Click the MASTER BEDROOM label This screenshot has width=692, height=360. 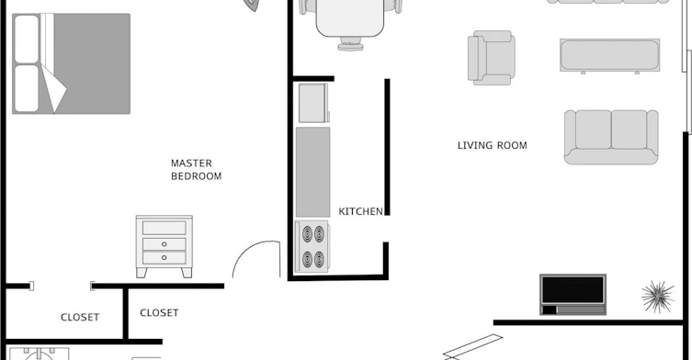coord(196,170)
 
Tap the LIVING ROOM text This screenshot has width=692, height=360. coord(492,146)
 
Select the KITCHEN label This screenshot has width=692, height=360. coord(360,211)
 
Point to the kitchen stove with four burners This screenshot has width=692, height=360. coord(312,247)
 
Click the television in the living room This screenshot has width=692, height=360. coord(573,294)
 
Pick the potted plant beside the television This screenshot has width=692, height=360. coord(658,296)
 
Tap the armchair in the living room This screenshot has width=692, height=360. coord(491,58)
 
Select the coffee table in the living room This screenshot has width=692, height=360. coord(610,55)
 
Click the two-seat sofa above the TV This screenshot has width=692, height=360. coord(611,137)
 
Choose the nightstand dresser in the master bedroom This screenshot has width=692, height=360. coord(164,246)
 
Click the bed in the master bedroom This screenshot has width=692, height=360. coord(71,63)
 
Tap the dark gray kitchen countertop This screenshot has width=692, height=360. coord(312,172)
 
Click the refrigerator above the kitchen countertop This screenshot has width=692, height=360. coord(313,103)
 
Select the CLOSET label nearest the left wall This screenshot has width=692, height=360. coord(80,317)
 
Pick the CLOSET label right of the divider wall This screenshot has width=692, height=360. coord(159,313)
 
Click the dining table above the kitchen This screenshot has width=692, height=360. coord(350,17)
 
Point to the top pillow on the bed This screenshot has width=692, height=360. coord(27,39)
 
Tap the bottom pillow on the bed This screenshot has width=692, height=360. coord(27,89)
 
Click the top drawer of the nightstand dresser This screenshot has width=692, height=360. coord(164,228)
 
